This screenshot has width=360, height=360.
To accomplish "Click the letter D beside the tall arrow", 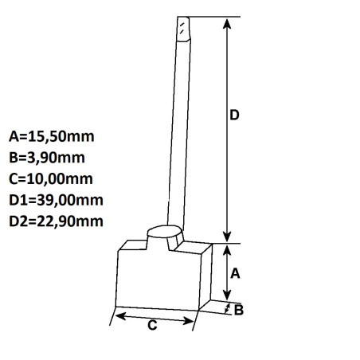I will click(x=235, y=116).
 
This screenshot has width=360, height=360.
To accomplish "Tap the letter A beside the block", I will click(x=235, y=273).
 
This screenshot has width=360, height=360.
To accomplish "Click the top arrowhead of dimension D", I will click(x=228, y=23).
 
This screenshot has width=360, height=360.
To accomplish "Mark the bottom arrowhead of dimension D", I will click(x=228, y=237).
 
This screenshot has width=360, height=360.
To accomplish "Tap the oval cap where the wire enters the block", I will click(x=166, y=233).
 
